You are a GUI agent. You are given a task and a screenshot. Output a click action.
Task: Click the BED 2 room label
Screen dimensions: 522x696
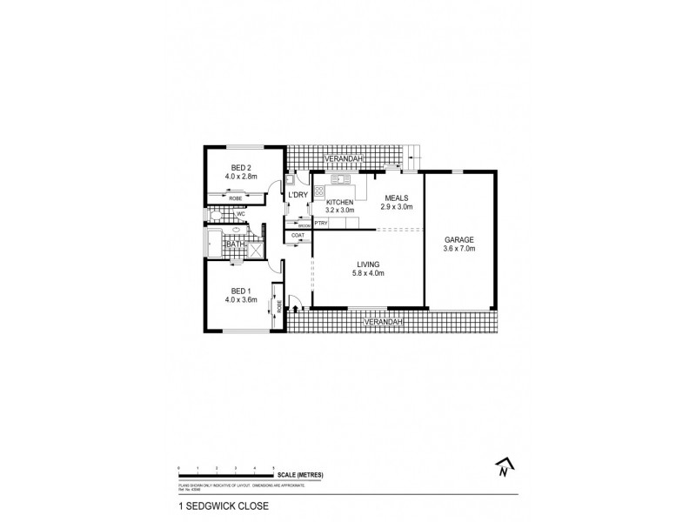(x=240, y=168)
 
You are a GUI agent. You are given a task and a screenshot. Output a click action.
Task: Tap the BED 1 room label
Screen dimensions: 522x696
(x=240, y=291)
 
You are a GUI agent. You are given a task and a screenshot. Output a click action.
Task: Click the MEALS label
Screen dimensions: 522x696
(x=396, y=197)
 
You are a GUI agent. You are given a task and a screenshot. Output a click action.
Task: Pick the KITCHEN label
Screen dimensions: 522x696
(x=339, y=202)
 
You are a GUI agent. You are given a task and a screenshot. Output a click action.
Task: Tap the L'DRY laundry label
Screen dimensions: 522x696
(x=298, y=195)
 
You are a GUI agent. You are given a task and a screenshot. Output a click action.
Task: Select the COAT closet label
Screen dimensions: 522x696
(x=298, y=236)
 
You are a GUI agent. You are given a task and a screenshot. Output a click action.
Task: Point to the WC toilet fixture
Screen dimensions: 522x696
(x=215, y=211)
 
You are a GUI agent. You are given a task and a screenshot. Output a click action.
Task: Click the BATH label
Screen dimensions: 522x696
(x=236, y=245)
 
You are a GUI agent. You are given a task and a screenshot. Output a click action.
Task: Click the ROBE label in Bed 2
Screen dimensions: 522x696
(x=236, y=198)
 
